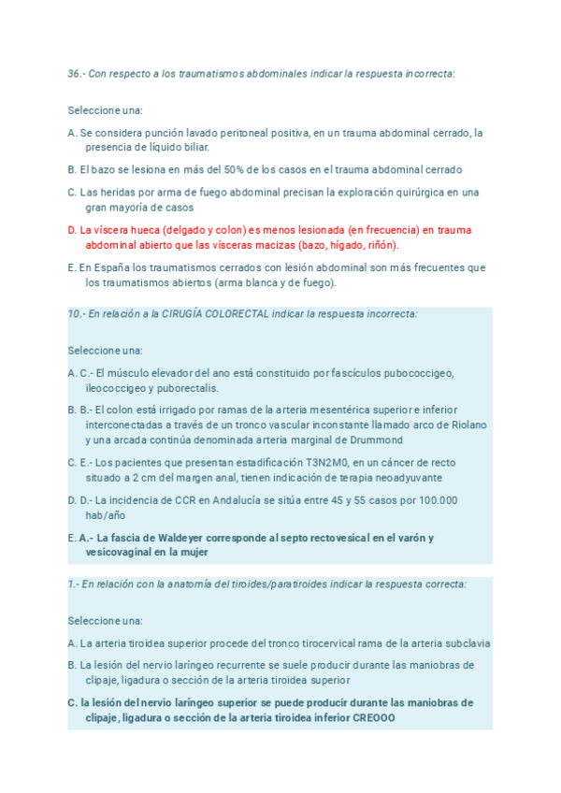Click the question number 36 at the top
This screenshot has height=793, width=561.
point(75,74)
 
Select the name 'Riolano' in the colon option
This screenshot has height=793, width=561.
point(467,425)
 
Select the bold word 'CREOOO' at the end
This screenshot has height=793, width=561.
point(374,717)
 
